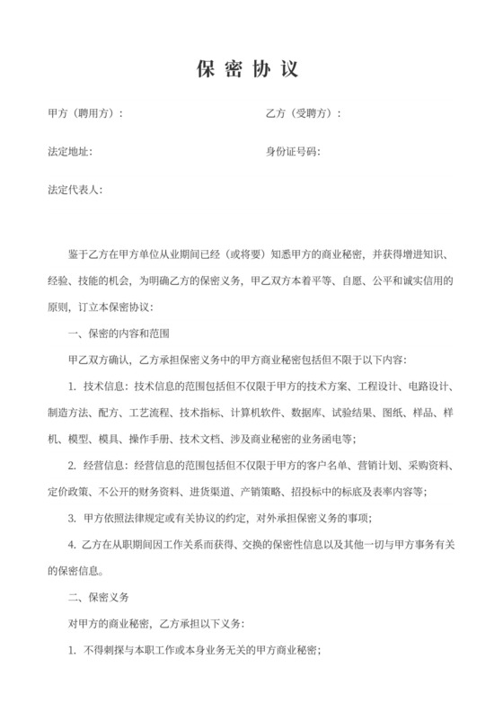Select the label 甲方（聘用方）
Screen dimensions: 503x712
(84, 113)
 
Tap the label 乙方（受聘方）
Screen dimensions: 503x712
(303, 113)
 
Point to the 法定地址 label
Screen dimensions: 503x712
(68, 152)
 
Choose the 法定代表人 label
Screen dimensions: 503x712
(75, 191)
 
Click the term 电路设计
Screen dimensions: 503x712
(428, 386)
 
